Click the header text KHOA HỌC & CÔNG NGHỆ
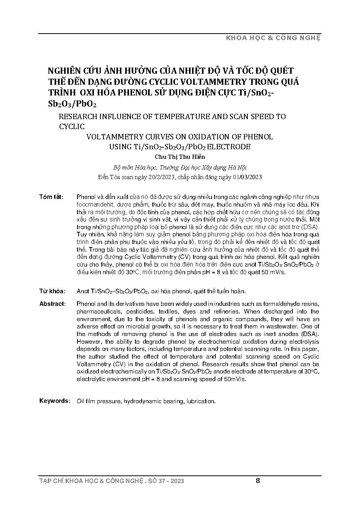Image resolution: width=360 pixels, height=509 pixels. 273,38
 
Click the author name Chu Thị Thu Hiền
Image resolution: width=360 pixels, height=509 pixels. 180,157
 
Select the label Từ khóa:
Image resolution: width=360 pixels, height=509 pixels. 52,291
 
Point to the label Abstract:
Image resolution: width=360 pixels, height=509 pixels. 52,304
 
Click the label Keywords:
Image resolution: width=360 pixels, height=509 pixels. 55,401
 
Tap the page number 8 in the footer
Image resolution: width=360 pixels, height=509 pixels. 258,481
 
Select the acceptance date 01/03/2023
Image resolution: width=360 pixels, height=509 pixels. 246,177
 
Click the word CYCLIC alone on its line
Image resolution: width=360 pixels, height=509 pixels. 72,126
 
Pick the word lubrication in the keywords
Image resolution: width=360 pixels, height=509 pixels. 201,401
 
